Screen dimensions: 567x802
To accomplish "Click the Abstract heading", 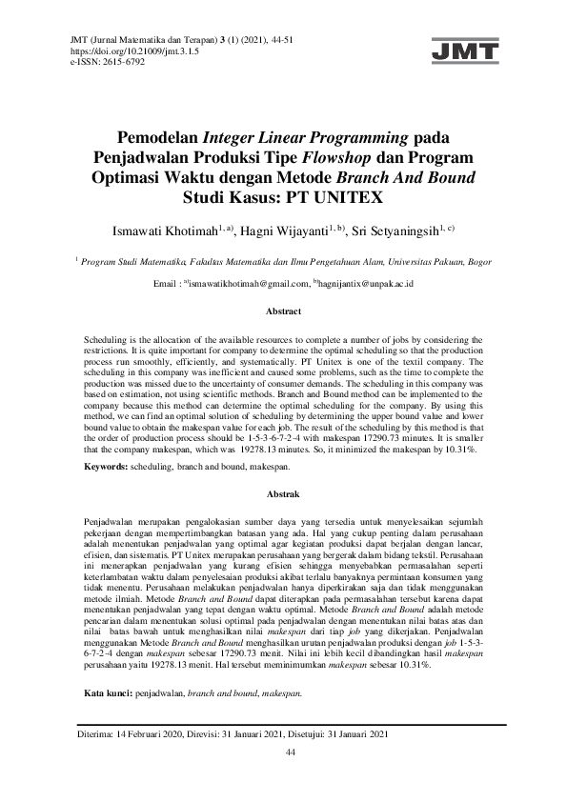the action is (x=283, y=311).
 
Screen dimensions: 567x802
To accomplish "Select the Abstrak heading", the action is (x=283, y=494).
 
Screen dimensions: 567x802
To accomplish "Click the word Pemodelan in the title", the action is (x=160, y=135).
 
